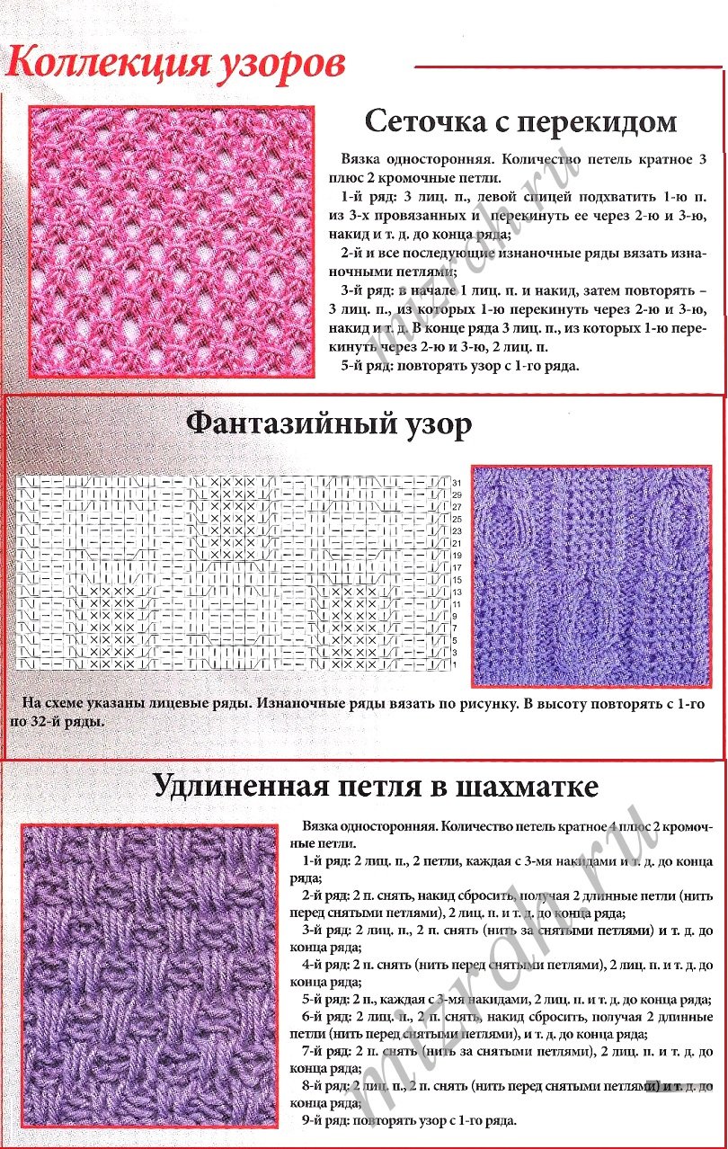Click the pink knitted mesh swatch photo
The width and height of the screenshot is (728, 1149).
click(172, 241)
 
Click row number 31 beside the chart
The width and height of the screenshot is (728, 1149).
click(457, 483)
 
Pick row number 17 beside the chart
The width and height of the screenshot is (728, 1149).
click(457, 567)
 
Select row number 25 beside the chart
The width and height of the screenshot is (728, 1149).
click(457, 520)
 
